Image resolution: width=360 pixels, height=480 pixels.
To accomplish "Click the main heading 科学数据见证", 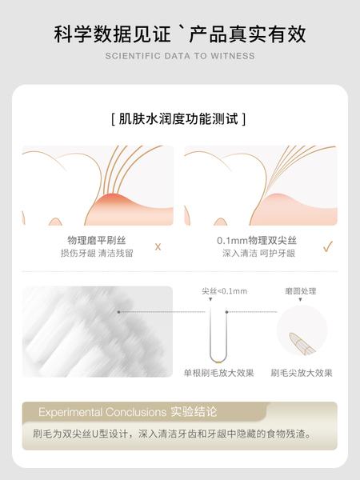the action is (x=112, y=34).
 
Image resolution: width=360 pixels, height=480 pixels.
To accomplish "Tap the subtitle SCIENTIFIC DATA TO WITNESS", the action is (x=180, y=56).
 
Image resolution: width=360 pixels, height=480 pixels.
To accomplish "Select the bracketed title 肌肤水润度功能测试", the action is (x=178, y=118).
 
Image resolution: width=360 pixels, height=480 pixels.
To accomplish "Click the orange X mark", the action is (x=158, y=246).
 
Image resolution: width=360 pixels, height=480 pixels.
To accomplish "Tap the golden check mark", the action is (x=328, y=246).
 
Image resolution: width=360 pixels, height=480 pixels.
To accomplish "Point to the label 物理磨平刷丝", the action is (x=97, y=241).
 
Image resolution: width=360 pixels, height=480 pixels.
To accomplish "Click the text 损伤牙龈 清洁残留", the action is (x=97, y=253).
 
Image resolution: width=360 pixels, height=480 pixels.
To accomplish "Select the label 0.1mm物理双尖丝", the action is (x=257, y=241).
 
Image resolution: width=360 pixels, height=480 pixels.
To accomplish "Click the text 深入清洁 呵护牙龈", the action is (x=258, y=253).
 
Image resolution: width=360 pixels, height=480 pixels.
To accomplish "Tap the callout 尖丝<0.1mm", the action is (x=224, y=291).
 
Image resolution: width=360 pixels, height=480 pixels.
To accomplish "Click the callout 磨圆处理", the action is (x=301, y=291).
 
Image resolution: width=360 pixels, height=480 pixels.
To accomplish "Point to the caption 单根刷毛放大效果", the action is (x=219, y=373).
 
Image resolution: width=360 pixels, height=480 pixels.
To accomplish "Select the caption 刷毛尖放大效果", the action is (x=302, y=373).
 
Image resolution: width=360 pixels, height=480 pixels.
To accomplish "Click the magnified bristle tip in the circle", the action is (x=302, y=344).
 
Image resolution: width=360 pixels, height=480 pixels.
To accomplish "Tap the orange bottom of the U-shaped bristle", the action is (x=218, y=362).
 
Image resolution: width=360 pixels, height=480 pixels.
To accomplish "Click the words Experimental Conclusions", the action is (x=102, y=412).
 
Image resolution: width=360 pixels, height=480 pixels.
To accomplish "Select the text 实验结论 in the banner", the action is (x=194, y=412).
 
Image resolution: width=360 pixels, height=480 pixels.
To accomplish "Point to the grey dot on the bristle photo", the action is (x=118, y=312).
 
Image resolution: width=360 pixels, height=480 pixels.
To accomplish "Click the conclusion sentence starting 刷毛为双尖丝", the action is (x=172, y=434).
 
